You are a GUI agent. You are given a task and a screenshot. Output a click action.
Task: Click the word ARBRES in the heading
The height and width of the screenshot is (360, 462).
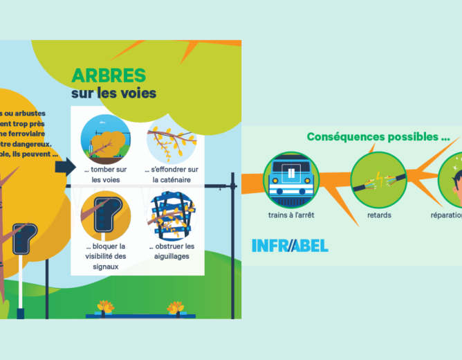(109, 75)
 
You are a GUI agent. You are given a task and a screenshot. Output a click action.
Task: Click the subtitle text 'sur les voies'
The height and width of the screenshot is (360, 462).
(113, 93)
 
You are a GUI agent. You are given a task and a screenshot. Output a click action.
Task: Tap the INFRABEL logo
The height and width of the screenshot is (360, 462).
(290, 245)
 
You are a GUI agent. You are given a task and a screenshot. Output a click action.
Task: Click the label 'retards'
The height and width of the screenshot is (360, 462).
(378, 215)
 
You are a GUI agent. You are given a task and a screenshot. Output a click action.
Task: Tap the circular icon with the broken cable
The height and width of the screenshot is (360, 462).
(378, 177)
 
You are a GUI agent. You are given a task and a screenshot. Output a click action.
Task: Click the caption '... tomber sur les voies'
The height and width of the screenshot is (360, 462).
(105, 174)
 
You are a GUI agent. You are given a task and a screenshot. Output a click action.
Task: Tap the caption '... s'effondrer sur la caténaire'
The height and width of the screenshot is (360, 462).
(172, 174)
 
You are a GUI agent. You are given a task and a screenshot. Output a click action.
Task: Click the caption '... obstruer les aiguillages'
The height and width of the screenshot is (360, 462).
(172, 251)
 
